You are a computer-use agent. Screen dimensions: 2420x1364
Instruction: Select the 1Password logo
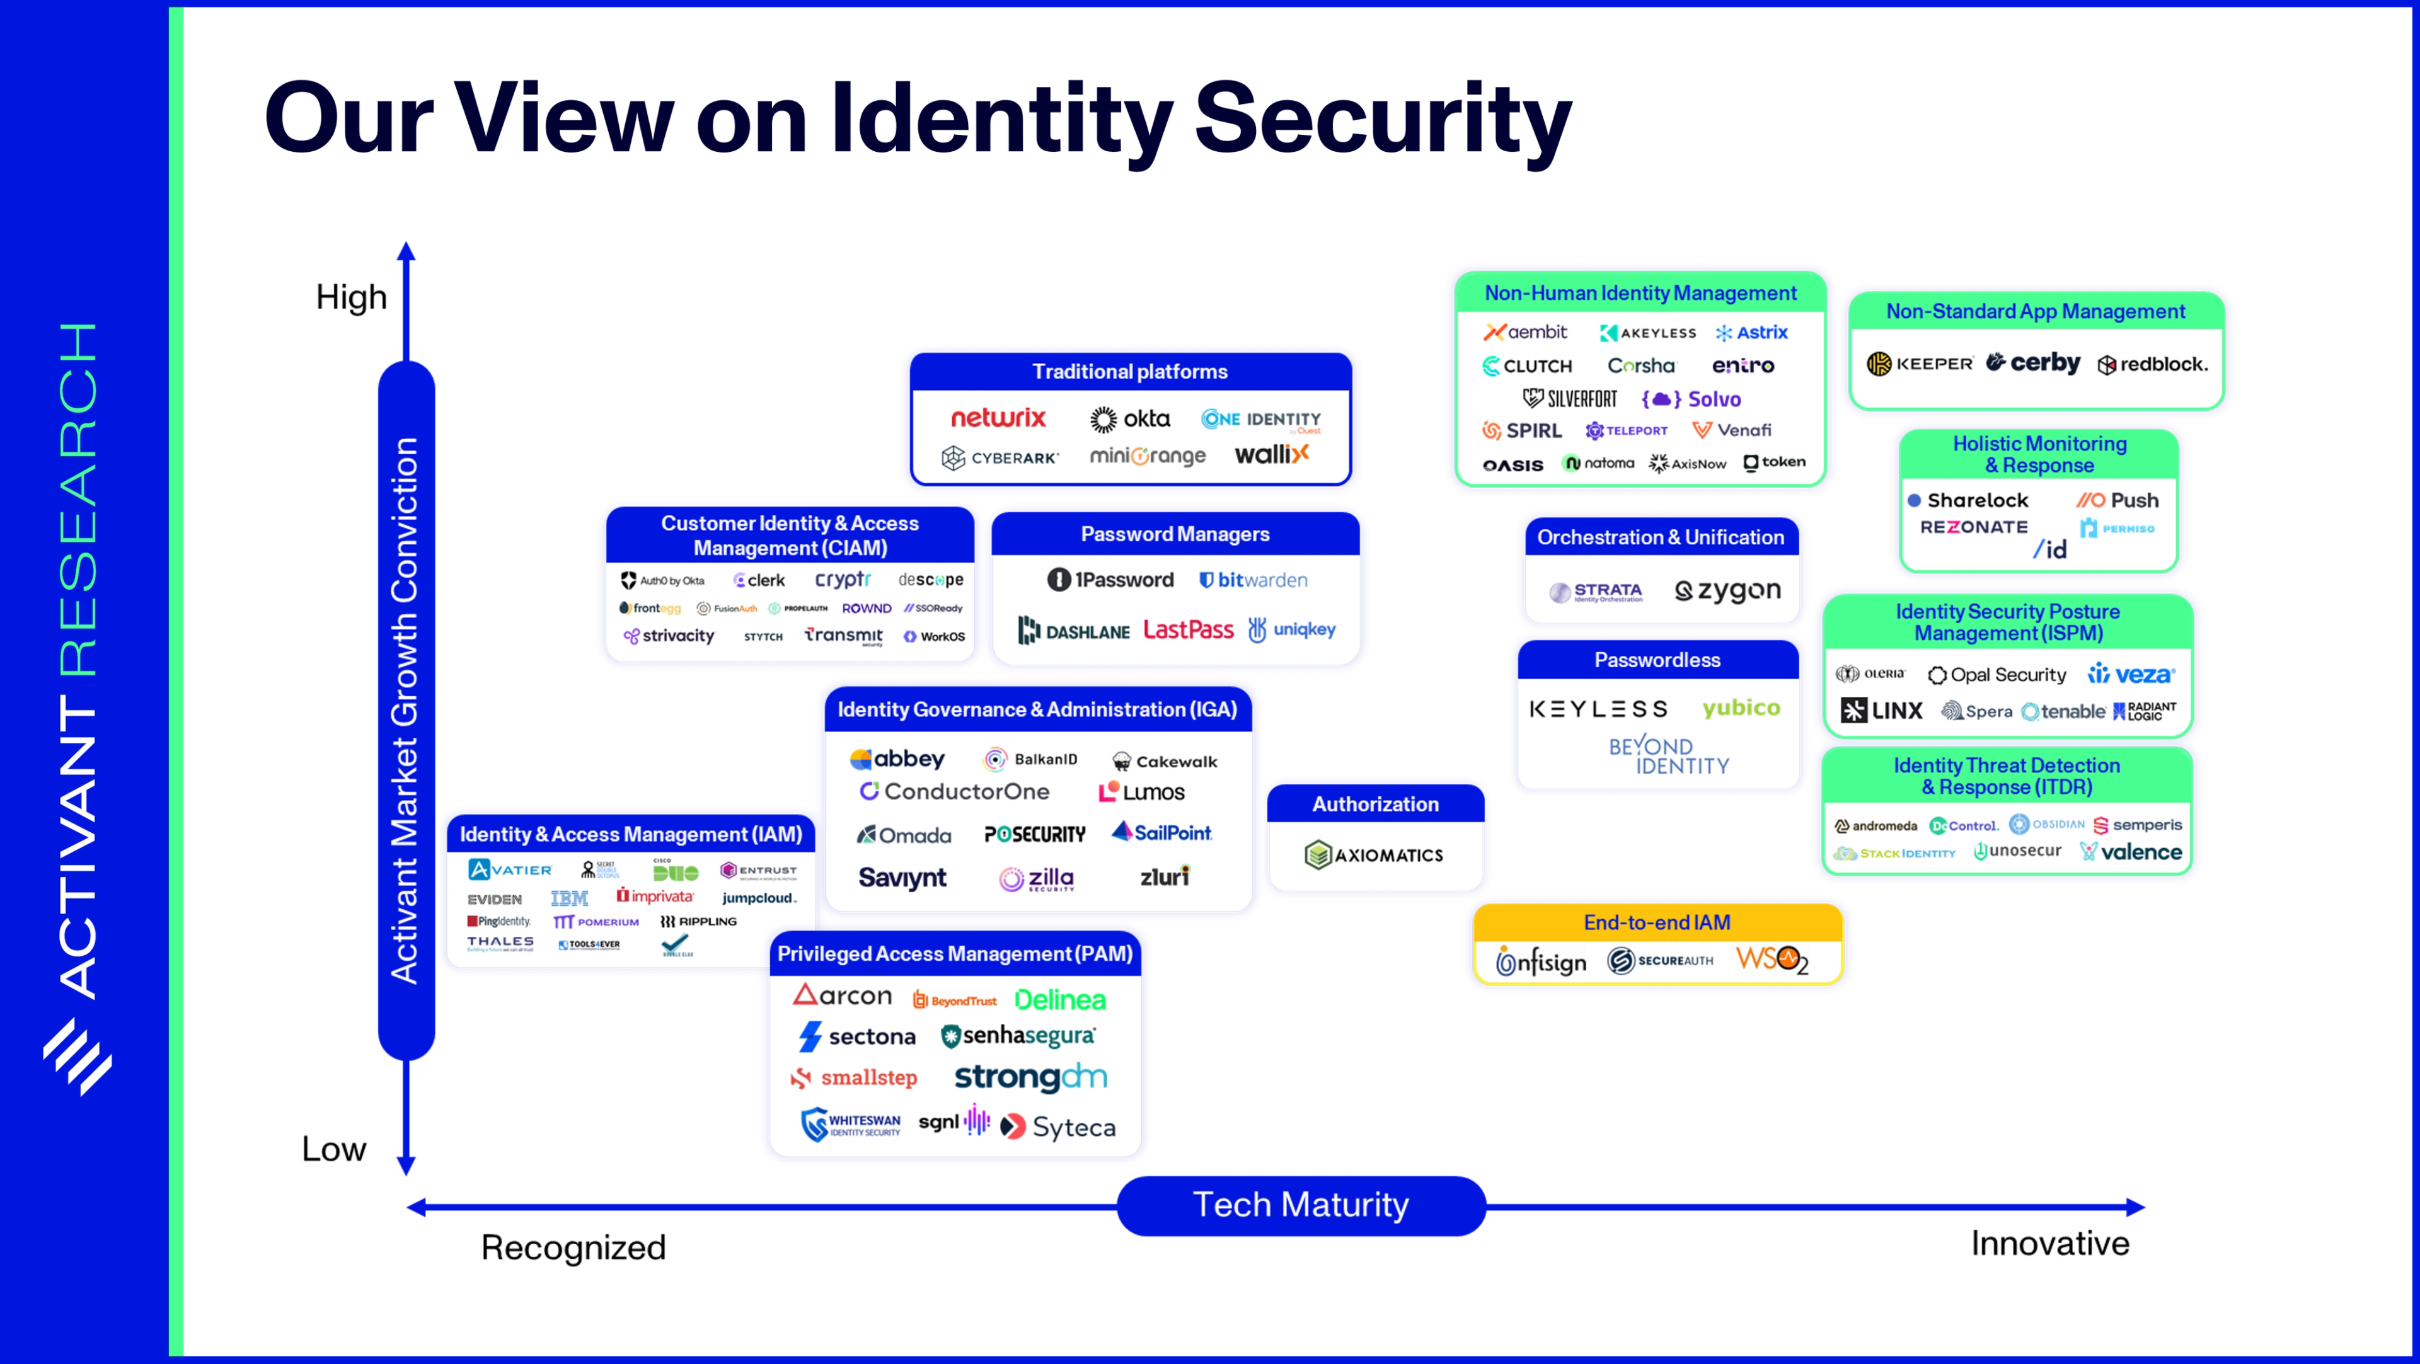pyautogui.click(x=1110, y=580)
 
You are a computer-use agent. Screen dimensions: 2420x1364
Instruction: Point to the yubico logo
pyautogui.click(x=1741, y=708)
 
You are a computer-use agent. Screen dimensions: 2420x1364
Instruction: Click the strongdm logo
pyautogui.click(x=1030, y=1077)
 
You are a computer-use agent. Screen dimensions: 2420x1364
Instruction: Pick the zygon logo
pyautogui.click(x=1727, y=591)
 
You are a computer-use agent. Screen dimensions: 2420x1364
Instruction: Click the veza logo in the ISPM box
pyautogui.click(x=2131, y=675)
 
